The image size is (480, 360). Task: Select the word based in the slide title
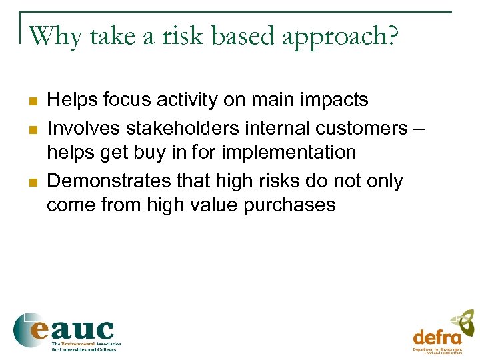point(243,36)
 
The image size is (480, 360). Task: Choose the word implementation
point(290,153)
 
